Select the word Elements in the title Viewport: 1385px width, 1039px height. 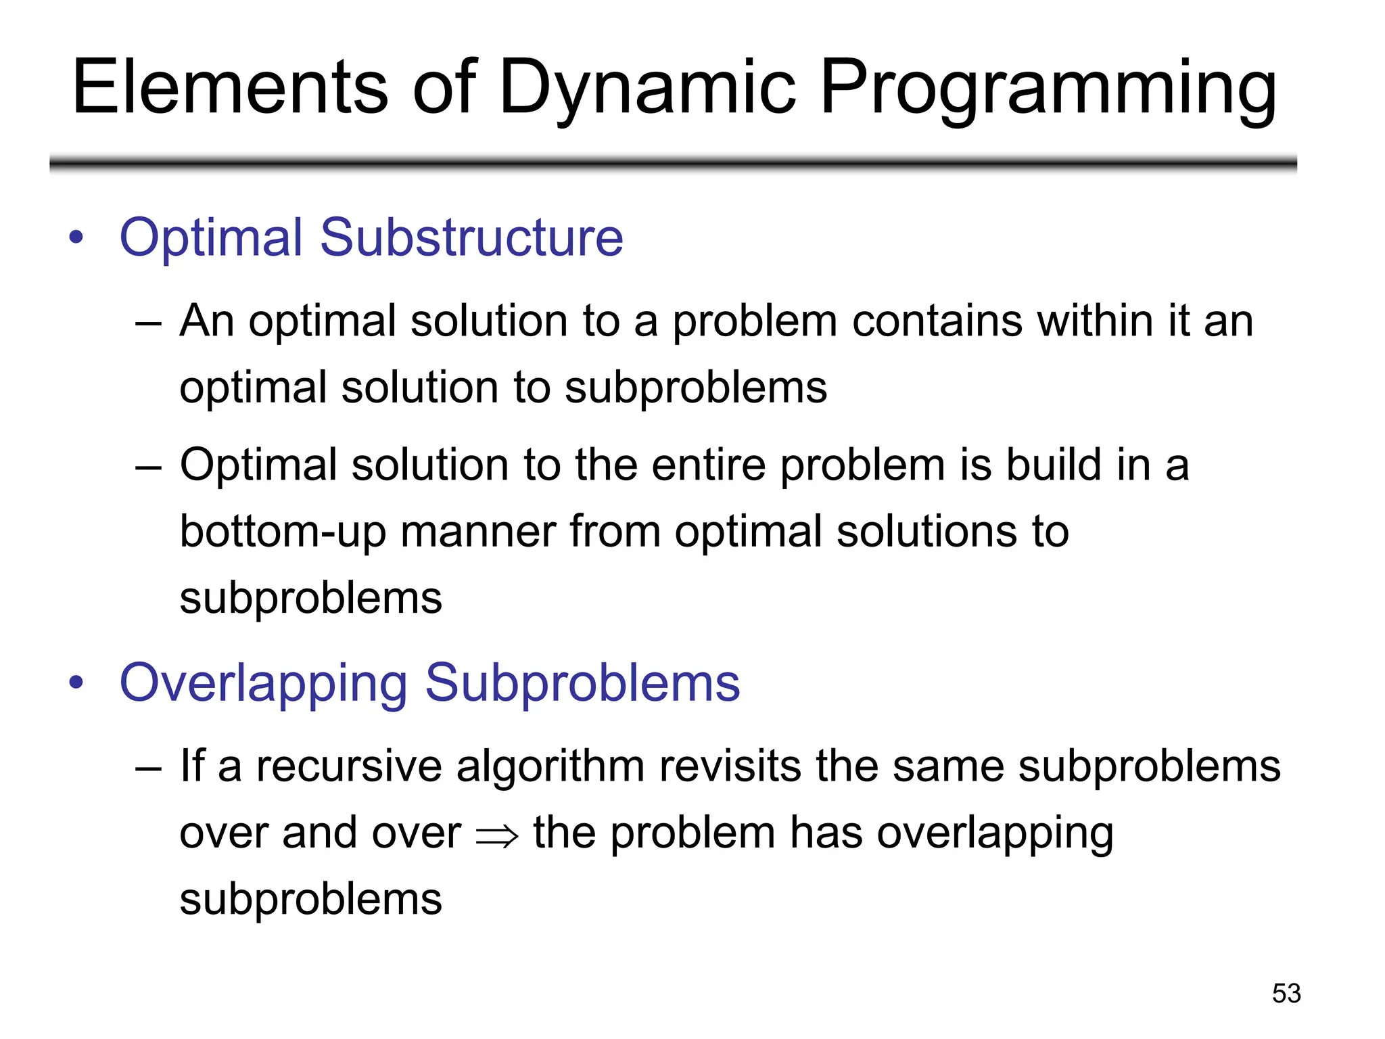pyautogui.click(x=230, y=88)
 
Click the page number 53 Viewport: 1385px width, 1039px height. pyautogui.click(x=1286, y=993)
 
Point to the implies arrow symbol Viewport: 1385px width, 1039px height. pyautogui.click(x=497, y=836)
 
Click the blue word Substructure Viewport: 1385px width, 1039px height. pyautogui.click(x=471, y=237)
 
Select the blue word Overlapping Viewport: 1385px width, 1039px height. pyautogui.click(x=264, y=683)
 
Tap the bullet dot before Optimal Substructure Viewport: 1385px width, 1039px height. pyautogui.click(x=76, y=237)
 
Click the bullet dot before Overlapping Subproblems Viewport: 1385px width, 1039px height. pyautogui.click(x=76, y=683)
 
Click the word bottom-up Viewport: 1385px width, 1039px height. pyautogui.click(x=283, y=532)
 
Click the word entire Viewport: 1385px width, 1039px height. pyautogui.click(x=708, y=465)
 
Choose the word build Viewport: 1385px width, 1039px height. pyautogui.click(x=1054, y=465)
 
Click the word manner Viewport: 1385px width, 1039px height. pyautogui.click(x=478, y=532)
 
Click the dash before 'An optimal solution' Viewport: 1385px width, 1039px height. pyautogui.click(x=148, y=323)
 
